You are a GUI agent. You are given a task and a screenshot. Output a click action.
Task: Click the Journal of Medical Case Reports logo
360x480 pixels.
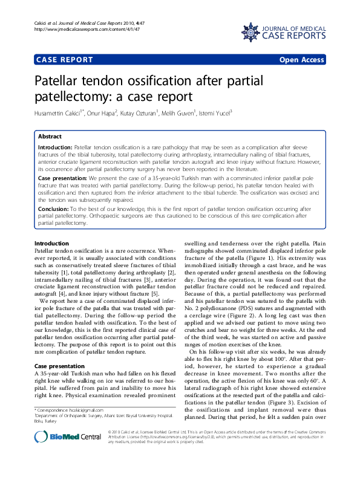coord(283,31)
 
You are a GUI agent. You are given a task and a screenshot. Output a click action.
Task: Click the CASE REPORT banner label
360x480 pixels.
coord(65,60)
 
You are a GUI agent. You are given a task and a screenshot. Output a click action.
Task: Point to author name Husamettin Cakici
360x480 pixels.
coord(59,112)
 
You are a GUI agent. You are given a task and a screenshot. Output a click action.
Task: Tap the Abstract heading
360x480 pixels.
coord(50,137)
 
